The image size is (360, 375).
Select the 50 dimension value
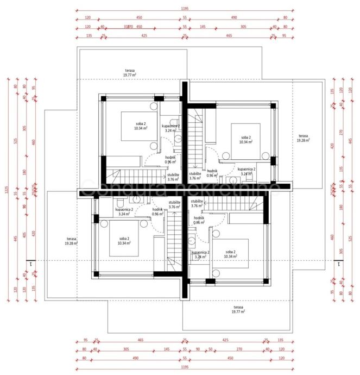point(210,349)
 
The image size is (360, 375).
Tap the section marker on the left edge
point(31,264)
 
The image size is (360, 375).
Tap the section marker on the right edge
point(338,264)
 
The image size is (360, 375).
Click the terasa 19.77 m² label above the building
point(129,72)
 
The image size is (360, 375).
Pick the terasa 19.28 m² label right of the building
point(303,138)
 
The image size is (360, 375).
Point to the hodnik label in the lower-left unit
point(157,211)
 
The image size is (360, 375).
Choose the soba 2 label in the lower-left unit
point(125,240)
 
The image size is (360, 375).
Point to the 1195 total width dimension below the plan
point(185,368)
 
